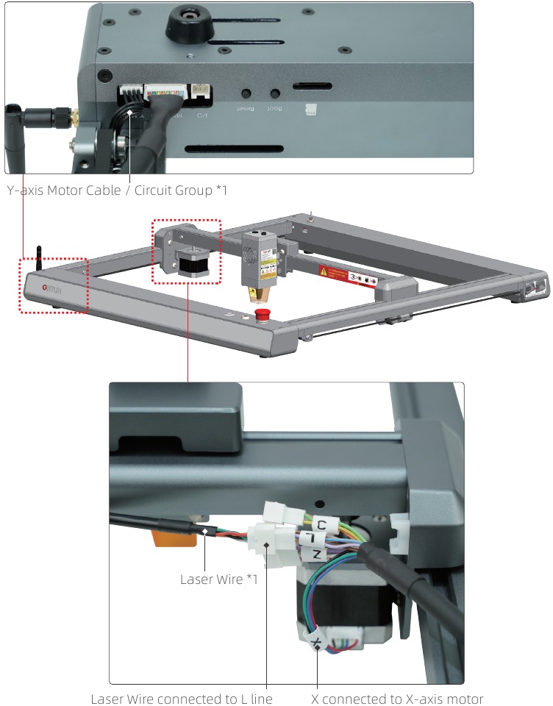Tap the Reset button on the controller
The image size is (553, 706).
[246, 94]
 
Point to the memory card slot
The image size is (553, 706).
[312, 87]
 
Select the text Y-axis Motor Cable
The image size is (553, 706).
[66, 190]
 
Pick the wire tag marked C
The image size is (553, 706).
[321, 525]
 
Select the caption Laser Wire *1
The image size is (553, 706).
[218, 580]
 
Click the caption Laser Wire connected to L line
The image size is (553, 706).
[182, 698]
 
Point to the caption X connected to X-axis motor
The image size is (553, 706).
[398, 698]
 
